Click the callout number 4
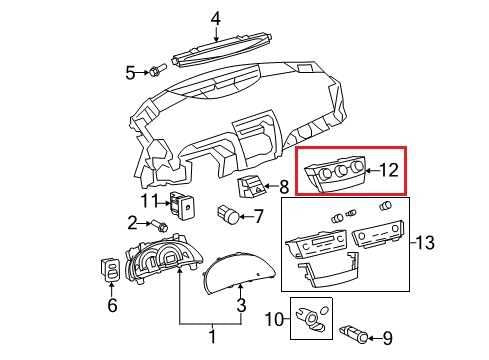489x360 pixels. coord(216,17)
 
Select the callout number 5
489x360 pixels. coord(130,71)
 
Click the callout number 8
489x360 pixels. coord(284,185)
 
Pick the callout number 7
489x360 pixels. coord(258,215)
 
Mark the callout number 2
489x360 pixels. coord(131,222)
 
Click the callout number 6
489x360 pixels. coord(112,305)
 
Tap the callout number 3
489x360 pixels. coord(240,305)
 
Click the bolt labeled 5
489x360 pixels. coord(156,71)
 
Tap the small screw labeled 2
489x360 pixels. coord(158,223)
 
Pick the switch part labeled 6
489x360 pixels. coord(111,270)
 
